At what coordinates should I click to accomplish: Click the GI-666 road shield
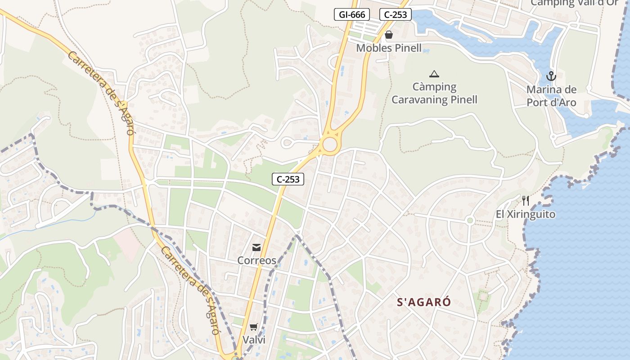(x=351, y=14)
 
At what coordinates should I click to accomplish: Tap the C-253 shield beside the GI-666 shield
(x=396, y=14)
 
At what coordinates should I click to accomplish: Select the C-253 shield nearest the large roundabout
(x=288, y=179)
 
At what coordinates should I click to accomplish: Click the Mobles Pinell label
(x=389, y=48)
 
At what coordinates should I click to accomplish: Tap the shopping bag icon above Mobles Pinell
(x=389, y=35)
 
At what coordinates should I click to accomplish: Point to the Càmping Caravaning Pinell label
(x=434, y=93)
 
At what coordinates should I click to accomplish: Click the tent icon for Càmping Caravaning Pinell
(x=434, y=74)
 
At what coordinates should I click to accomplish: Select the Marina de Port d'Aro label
(x=551, y=96)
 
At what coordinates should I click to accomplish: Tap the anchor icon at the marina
(x=551, y=76)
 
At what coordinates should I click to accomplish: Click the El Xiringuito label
(x=526, y=214)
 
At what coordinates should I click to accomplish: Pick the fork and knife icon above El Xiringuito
(x=525, y=200)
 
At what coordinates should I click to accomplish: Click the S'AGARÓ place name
(x=423, y=302)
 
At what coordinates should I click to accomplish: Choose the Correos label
(x=256, y=260)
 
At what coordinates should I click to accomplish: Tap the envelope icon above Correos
(x=256, y=247)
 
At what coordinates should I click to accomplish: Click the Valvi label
(x=254, y=340)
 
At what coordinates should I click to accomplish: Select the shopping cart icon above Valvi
(x=254, y=327)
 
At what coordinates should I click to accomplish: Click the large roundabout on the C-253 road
(x=330, y=145)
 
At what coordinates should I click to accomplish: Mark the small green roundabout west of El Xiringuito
(x=470, y=220)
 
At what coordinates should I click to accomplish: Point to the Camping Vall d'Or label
(x=574, y=3)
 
